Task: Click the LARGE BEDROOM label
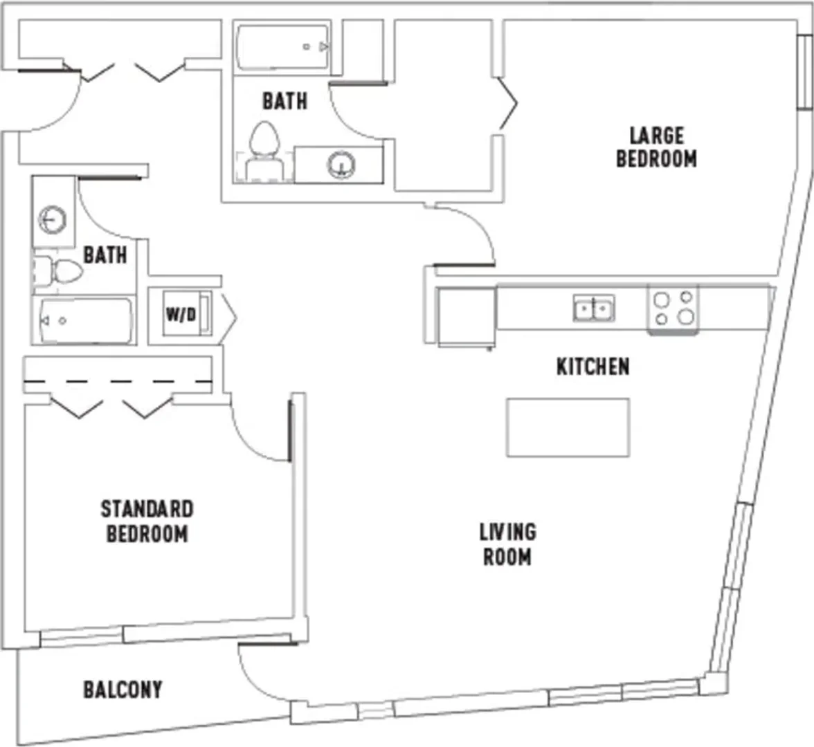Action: click(x=657, y=147)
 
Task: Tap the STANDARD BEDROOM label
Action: click(x=147, y=522)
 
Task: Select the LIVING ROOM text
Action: click(x=507, y=544)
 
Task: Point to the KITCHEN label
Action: click(x=593, y=367)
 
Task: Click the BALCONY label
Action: click(x=123, y=690)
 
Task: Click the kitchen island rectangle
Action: click(x=568, y=427)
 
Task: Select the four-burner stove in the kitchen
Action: click(x=673, y=309)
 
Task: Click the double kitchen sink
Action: click(x=594, y=308)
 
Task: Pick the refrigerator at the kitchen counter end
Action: click(x=467, y=317)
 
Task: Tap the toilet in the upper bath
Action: click(x=264, y=151)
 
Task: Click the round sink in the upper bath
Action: click(x=341, y=165)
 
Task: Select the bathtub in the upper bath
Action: click(x=282, y=47)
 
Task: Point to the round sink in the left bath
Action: click(x=53, y=220)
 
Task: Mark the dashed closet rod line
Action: click(x=118, y=382)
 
